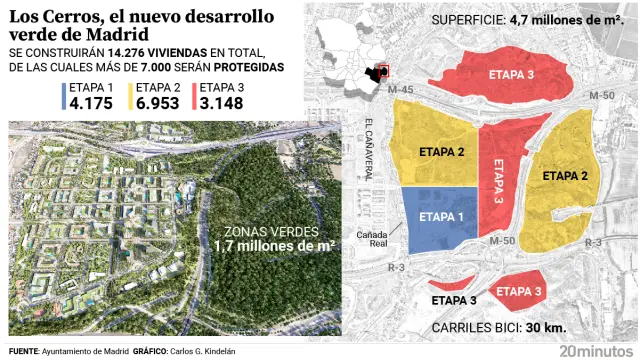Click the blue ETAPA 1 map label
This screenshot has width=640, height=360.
(441, 215)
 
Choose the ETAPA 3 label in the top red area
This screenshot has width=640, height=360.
(510, 75)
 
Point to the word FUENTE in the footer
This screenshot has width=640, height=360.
(26, 351)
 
